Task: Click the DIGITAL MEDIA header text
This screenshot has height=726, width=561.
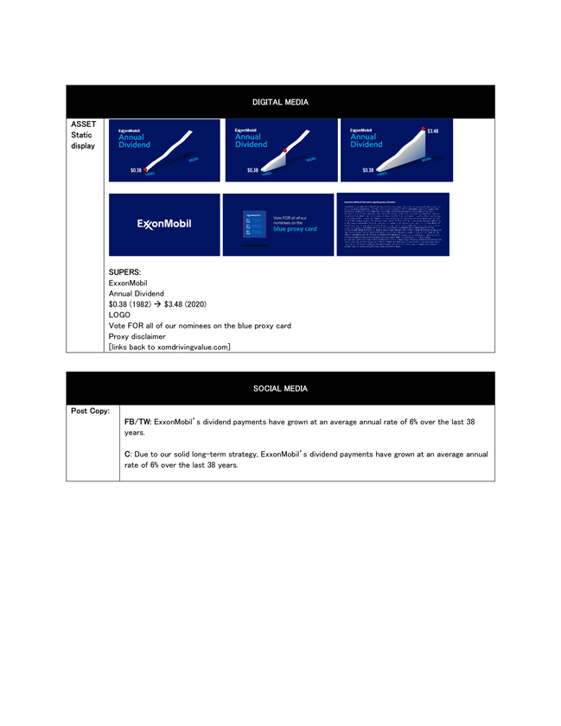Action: coord(280,102)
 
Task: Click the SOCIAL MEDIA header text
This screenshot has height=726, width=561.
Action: coord(280,389)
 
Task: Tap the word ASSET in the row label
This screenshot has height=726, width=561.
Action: coord(83,124)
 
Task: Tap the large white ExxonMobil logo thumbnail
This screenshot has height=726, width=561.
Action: coord(164,225)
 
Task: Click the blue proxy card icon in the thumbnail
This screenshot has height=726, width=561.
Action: coord(253,226)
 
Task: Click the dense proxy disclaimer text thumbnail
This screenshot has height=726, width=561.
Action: coord(393,225)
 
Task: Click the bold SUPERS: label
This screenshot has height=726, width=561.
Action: coord(126,272)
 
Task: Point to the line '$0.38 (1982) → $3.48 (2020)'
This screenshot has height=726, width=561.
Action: coord(157,304)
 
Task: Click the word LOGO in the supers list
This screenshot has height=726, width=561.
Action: coord(119,315)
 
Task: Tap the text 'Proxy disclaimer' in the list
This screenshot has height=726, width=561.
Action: coord(137,336)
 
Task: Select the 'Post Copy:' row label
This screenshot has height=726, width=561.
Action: coord(90,411)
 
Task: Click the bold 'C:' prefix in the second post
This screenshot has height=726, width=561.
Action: coord(128,454)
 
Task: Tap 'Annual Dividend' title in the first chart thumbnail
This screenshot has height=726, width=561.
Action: coord(135,140)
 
